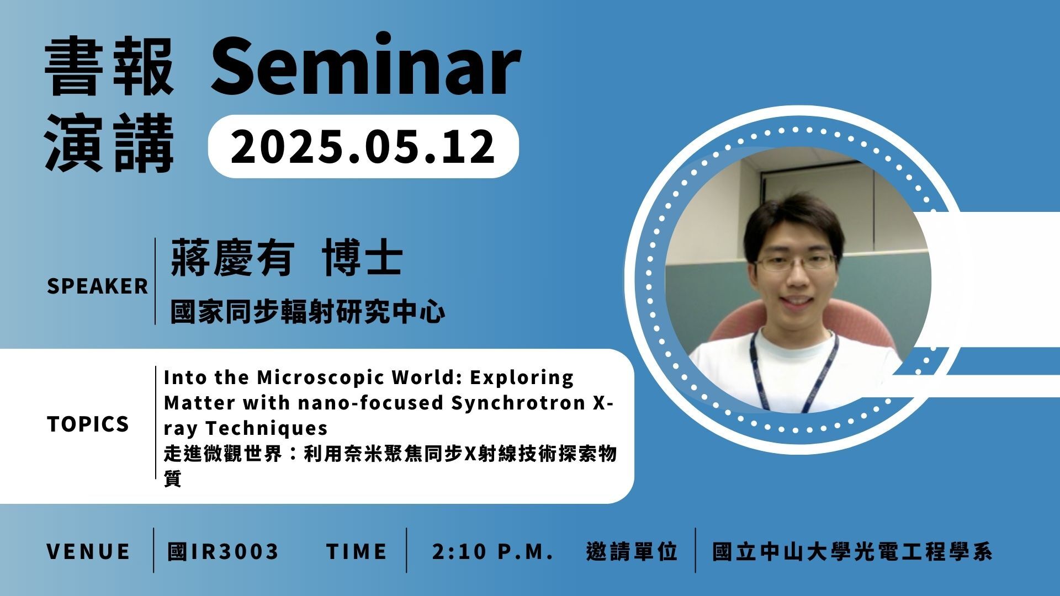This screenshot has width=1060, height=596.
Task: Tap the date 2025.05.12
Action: coord(363,147)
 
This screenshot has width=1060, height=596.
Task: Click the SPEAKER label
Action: coord(98,286)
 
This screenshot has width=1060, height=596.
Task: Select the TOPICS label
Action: coord(88,424)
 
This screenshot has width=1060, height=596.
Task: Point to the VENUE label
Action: coord(88,551)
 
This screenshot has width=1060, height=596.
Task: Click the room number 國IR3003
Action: coord(224,551)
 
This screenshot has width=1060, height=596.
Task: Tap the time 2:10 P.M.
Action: coord(493,551)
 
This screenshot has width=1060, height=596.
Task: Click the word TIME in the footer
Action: coord(357,551)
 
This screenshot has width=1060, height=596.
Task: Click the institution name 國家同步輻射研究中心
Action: coord(308,311)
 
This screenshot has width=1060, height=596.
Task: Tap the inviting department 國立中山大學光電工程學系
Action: coord(852,552)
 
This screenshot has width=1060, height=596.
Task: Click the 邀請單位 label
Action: coord(632,551)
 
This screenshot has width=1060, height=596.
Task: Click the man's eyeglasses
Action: coord(796,262)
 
